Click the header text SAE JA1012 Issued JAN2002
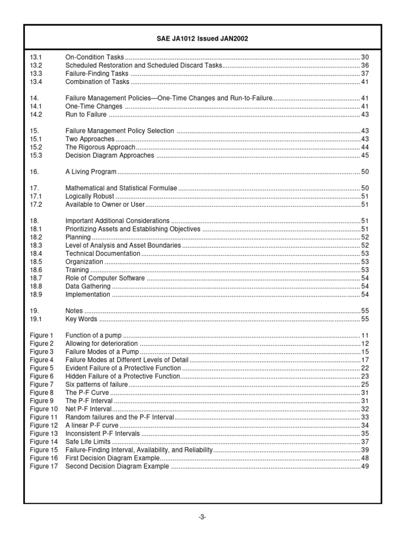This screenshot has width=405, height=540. point(202,39)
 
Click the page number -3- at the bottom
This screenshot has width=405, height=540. point(202,517)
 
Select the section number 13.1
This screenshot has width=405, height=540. point(36,57)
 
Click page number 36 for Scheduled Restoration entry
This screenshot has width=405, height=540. point(364,65)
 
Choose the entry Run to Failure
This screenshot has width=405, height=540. point(85,114)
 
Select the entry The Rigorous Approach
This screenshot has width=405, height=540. point(100,147)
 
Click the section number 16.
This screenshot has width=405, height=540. point(34,172)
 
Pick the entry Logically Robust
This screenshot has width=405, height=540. point(89,196)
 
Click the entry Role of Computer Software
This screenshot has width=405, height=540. point(105,278)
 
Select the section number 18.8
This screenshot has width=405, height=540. point(36,286)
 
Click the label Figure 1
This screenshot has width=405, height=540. point(42,335)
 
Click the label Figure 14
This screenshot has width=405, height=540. point(43,442)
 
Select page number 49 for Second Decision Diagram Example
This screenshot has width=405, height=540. point(364,466)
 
